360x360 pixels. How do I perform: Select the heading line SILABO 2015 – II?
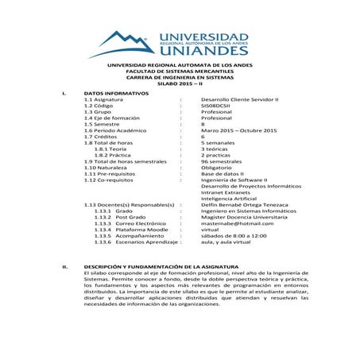(x=180, y=83)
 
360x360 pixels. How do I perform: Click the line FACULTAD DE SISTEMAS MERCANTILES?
(x=180, y=71)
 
